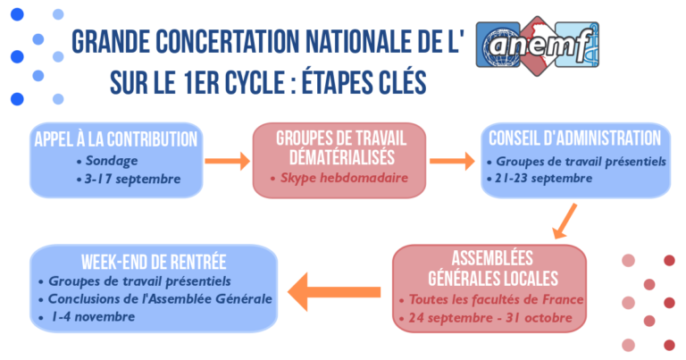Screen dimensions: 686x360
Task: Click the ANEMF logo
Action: coord(537,46)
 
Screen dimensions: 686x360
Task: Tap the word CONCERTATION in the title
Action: coord(227,42)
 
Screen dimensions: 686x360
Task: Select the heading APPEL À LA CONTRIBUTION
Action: coord(116,139)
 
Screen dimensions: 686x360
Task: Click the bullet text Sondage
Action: coord(112,161)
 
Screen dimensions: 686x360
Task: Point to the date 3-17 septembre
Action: coord(132,179)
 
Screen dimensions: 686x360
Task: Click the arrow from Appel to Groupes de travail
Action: coord(227,161)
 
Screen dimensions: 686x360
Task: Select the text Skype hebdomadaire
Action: coord(344,178)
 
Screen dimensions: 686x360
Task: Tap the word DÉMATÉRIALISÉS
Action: coord(342,157)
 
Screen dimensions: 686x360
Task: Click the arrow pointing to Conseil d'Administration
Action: coord(452,161)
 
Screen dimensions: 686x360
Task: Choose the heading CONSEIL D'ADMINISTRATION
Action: coord(575,138)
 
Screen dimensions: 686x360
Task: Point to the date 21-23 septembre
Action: coord(544,179)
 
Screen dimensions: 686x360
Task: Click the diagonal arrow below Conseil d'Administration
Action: coord(565,222)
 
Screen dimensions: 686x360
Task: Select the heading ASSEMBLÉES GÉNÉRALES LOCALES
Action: coord(493,268)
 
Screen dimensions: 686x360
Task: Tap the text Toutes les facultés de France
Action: coord(496,299)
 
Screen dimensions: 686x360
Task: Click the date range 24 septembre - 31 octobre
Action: coord(490,318)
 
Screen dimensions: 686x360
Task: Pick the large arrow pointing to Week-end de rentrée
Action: coord(334,292)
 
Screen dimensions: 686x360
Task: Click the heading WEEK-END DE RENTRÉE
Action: coord(154,262)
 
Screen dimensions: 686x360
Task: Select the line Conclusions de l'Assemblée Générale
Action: coord(160,298)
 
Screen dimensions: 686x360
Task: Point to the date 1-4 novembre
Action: coord(93,317)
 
